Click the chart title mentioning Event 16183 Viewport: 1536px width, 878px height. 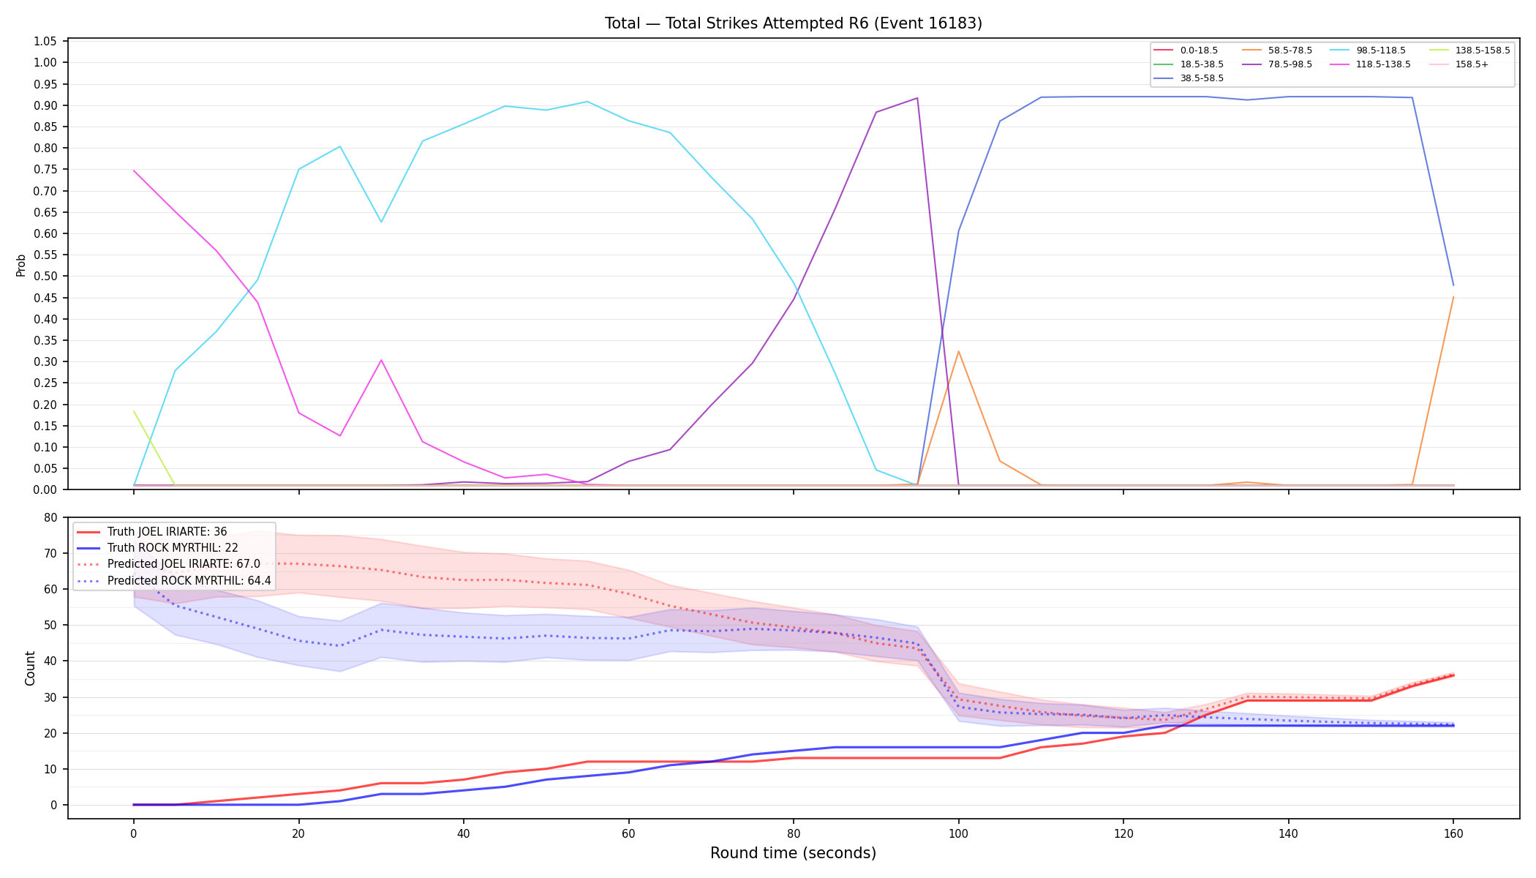(x=793, y=23)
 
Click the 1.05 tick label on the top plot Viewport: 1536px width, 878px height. (x=45, y=41)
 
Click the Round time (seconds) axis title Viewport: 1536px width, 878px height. (x=793, y=853)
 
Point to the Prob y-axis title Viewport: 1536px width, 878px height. (x=20, y=265)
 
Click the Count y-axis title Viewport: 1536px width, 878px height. (x=30, y=668)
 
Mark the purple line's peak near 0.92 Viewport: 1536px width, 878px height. (x=917, y=98)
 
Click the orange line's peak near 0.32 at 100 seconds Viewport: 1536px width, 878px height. (x=958, y=351)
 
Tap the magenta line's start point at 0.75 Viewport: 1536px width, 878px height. (x=134, y=170)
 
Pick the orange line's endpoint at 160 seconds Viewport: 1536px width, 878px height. (x=1453, y=297)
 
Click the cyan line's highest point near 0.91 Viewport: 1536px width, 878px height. (x=587, y=102)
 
